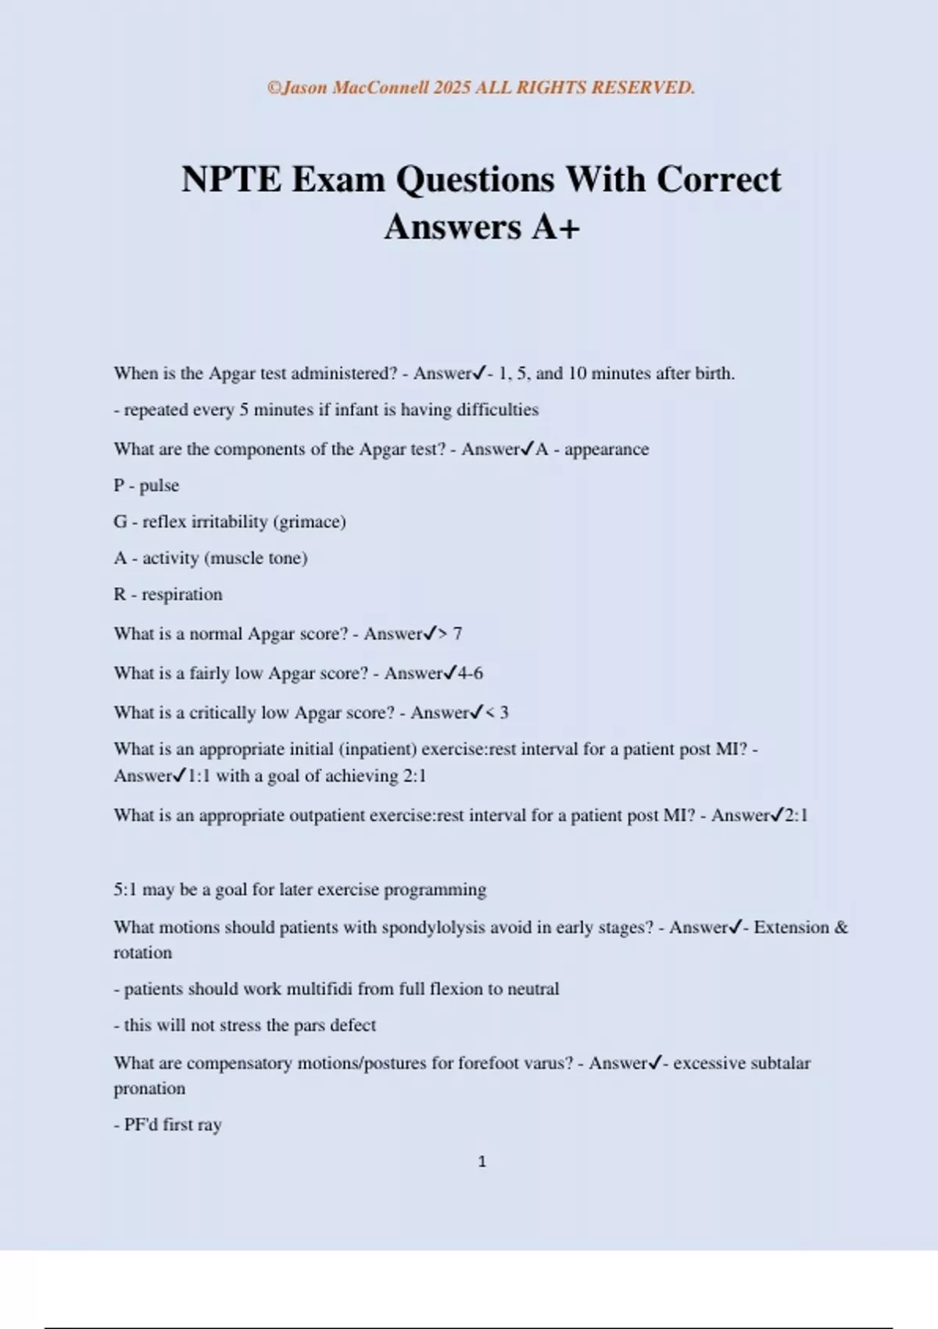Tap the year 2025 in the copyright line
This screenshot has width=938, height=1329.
tap(452, 88)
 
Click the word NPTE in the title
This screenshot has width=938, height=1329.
tap(231, 180)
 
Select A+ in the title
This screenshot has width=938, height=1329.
tap(556, 227)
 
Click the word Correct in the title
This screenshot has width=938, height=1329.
tap(718, 180)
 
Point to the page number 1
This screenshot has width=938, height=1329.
tap(482, 1162)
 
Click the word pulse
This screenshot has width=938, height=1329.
tap(159, 485)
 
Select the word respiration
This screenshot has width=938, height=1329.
tap(182, 594)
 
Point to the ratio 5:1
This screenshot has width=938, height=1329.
tap(125, 890)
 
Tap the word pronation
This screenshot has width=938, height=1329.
tap(149, 1088)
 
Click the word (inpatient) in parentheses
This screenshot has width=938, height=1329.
tap(378, 749)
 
